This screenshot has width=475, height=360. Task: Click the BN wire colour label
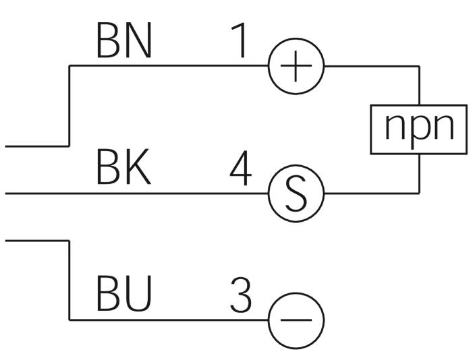point(124,40)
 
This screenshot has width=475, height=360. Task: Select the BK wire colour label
point(123,167)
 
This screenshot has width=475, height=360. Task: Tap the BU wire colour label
point(124,293)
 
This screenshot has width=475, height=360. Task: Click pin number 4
point(241,168)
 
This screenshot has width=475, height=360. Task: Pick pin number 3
point(241,295)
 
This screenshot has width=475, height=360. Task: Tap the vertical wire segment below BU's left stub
point(69,280)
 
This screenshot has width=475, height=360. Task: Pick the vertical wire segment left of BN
point(69,106)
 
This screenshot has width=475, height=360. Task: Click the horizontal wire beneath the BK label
point(137,193)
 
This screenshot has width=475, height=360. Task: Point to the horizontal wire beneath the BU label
point(169,320)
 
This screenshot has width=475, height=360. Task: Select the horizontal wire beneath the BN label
point(169,65)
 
